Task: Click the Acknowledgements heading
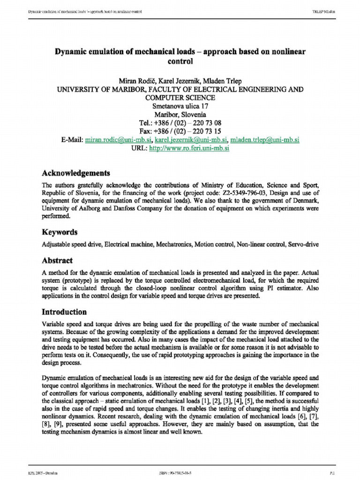76,173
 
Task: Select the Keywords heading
60,232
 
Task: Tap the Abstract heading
57,261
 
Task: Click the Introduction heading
64,312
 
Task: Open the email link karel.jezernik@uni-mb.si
191,140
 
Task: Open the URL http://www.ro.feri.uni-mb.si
188,148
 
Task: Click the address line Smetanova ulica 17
180,106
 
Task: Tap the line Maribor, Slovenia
180,114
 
